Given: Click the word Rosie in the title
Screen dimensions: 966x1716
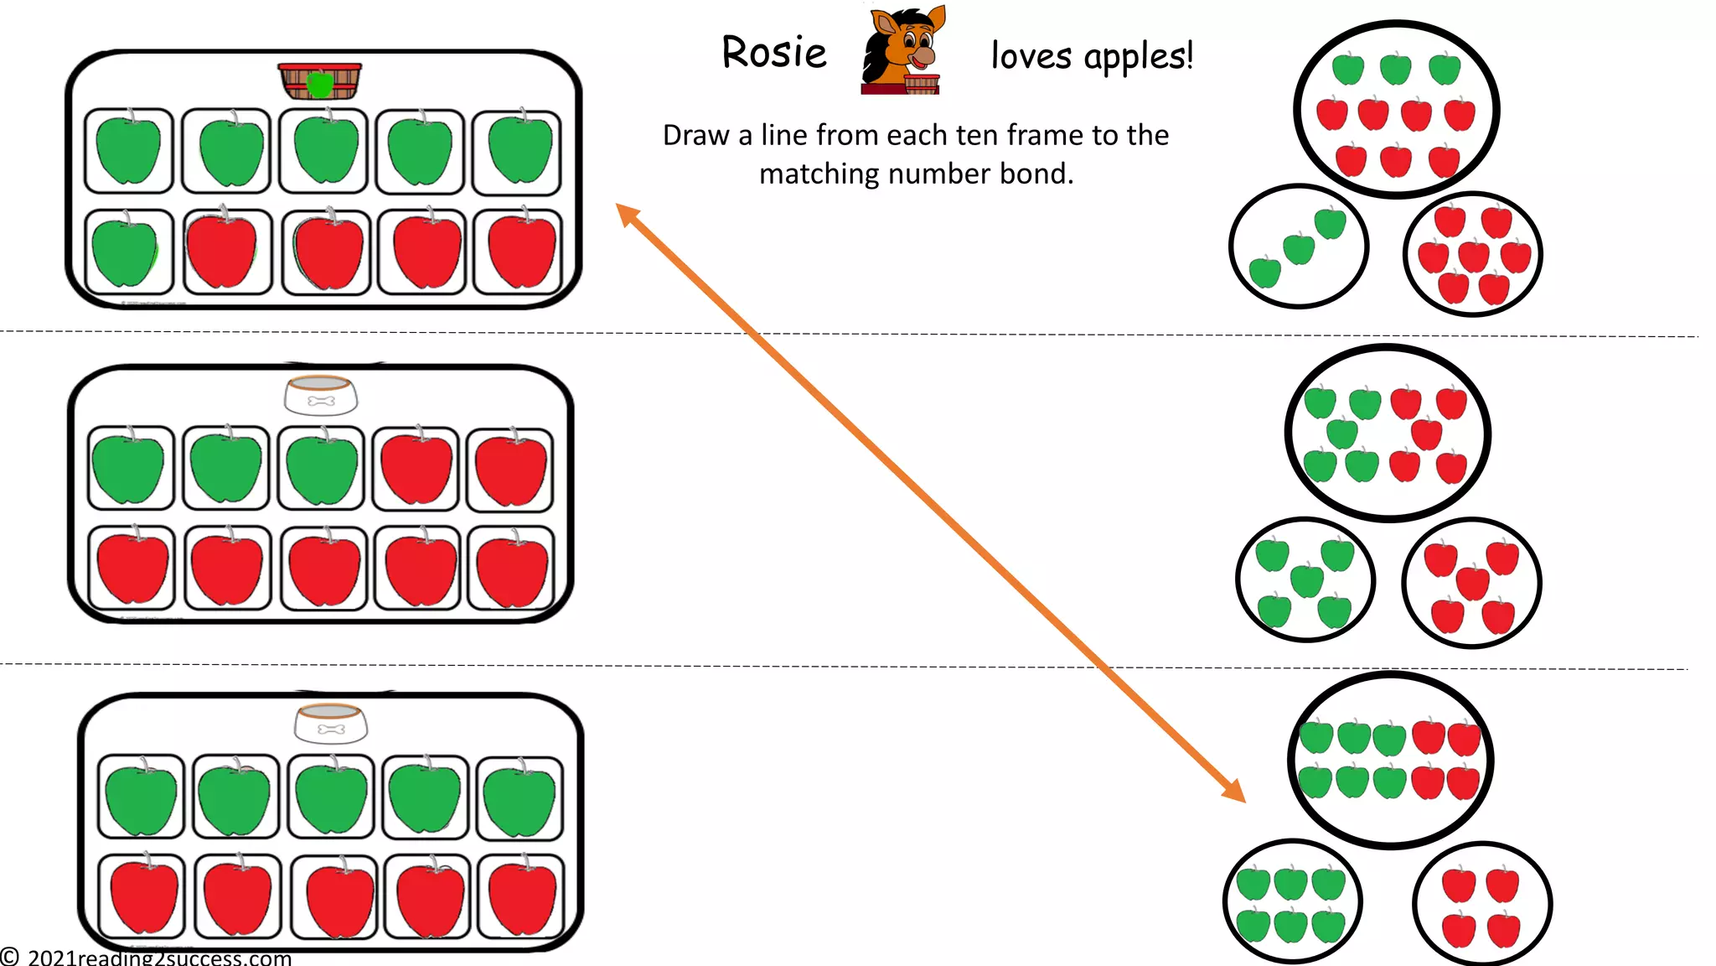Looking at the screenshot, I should click(773, 53).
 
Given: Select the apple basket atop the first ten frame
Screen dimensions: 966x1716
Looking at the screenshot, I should click(320, 81).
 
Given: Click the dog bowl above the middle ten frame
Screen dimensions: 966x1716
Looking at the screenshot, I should click(321, 395).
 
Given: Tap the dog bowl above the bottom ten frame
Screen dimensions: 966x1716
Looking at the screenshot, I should click(331, 723).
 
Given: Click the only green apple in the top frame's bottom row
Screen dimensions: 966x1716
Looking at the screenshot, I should click(125, 251).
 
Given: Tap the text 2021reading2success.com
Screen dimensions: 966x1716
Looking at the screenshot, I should click(159, 958).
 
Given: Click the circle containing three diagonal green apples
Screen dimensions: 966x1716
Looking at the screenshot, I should click(1298, 247).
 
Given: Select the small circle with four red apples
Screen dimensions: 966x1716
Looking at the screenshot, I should click(1481, 905).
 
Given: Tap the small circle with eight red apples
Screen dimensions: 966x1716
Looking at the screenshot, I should click(1472, 253).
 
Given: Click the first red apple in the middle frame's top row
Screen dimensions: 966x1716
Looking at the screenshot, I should click(416, 469).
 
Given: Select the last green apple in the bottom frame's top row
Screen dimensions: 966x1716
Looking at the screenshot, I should click(519, 797).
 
